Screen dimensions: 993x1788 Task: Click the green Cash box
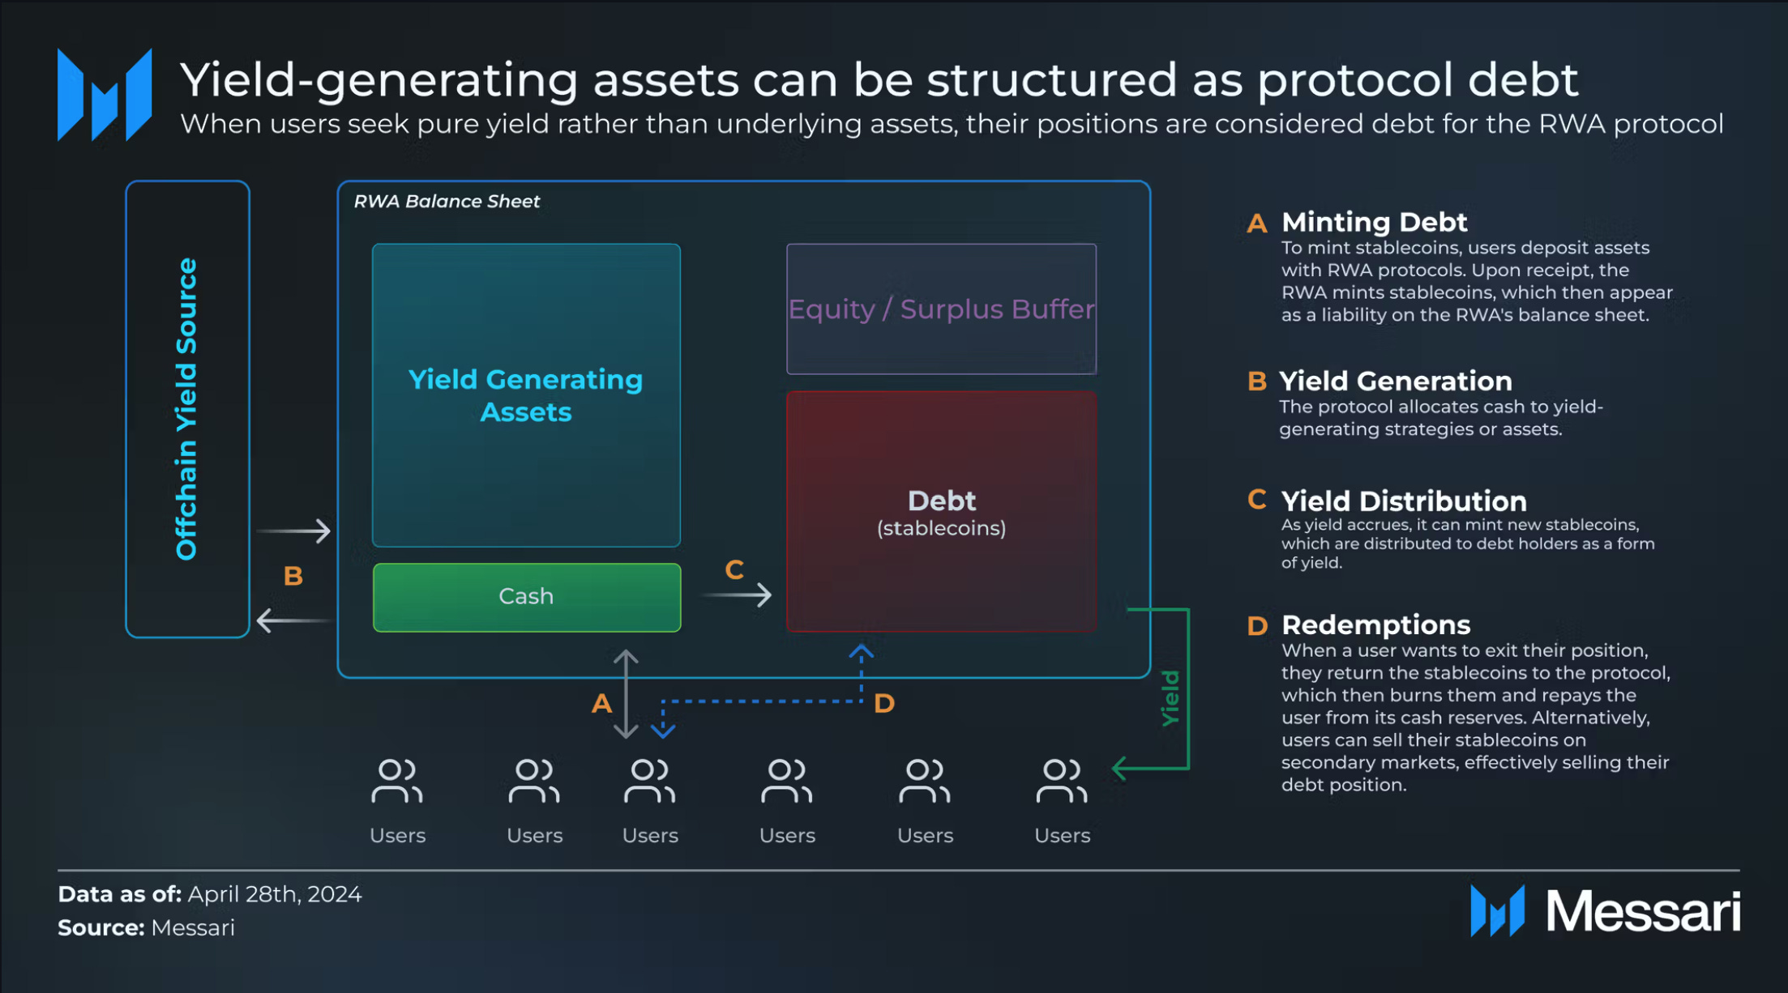point(526,597)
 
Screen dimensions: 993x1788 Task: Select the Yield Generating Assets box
point(526,395)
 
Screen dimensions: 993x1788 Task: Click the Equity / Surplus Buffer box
point(941,309)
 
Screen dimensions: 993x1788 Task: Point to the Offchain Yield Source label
point(187,409)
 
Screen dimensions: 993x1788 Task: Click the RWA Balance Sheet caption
point(447,202)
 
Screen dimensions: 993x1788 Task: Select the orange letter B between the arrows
point(293,576)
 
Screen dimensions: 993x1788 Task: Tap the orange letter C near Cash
point(734,570)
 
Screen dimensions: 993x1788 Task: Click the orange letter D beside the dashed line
point(884,703)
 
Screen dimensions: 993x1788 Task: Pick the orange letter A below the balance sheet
point(601,703)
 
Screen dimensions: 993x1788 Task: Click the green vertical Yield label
point(1170,698)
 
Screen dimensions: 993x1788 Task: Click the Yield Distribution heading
point(1404,501)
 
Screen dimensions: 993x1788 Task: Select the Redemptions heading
point(1375,625)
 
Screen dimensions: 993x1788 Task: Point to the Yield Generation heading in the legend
point(1395,381)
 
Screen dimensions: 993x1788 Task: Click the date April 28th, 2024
point(275,894)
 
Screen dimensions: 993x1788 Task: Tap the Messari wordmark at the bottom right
point(1642,911)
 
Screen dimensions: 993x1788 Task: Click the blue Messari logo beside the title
point(105,95)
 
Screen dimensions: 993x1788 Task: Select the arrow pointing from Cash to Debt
point(737,596)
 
